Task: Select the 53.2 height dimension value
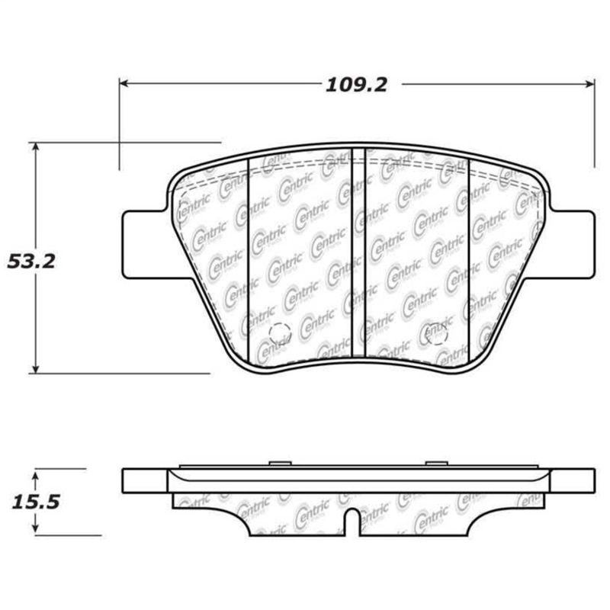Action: click(x=32, y=262)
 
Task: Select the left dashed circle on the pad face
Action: click(x=280, y=332)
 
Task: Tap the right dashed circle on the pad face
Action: click(x=436, y=332)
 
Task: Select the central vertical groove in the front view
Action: click(x=358, y=252)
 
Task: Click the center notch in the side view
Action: click(x=351, y=522)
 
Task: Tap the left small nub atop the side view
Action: click(x=278, y=462)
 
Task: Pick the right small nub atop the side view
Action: click(x=435, y=462)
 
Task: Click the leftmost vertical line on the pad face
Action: click(x=251, y=259)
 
